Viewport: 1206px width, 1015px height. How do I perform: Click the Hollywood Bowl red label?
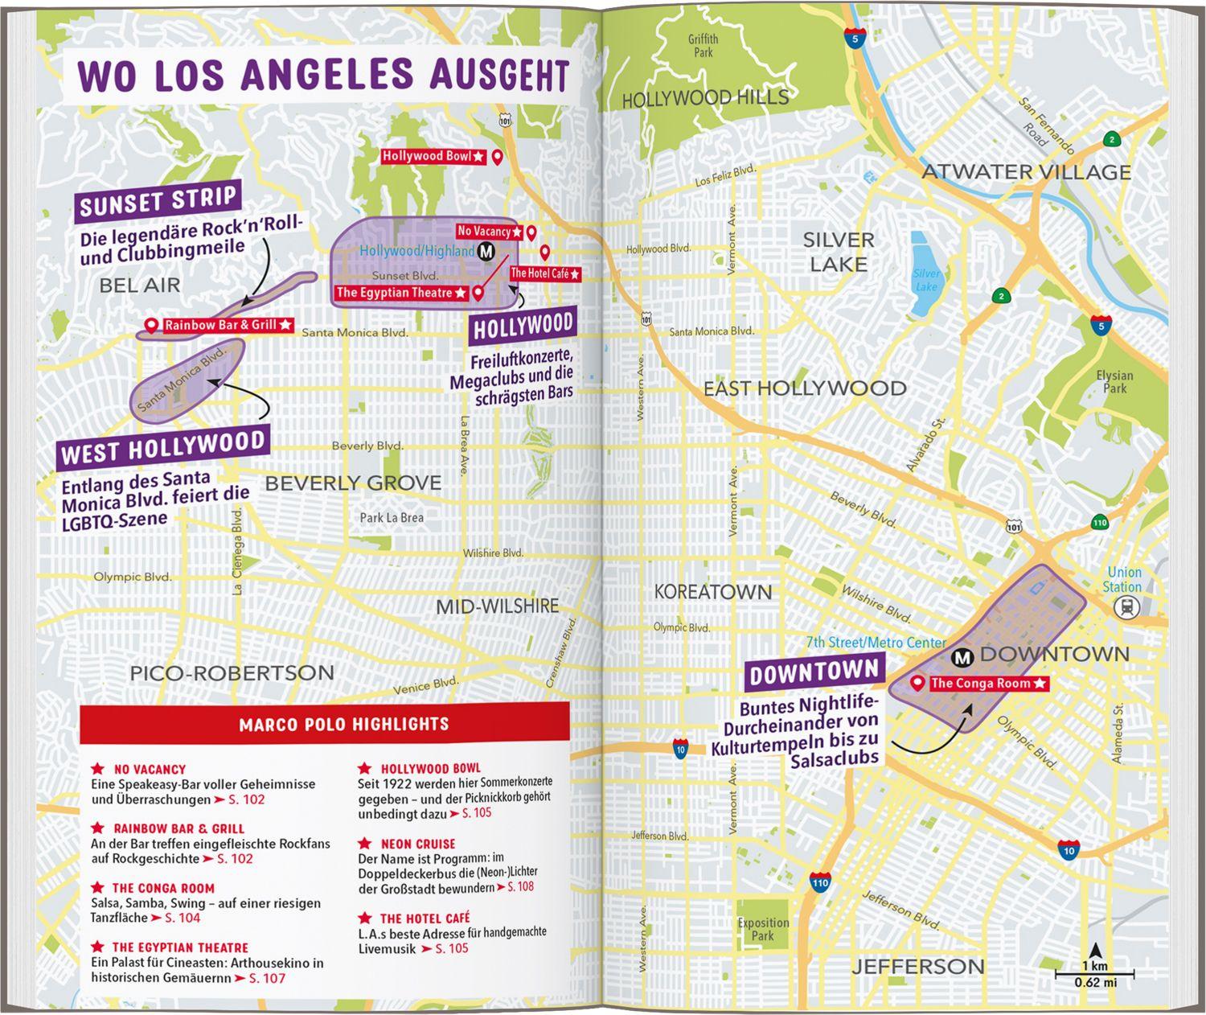433,156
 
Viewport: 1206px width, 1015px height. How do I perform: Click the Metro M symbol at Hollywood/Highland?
486,251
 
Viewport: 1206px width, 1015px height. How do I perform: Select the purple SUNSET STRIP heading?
158,201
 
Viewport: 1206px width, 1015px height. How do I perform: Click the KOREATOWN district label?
712,592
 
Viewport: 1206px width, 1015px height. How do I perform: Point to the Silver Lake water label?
926,280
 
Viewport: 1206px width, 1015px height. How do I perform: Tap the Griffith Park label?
703,46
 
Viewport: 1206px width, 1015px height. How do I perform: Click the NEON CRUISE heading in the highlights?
417,844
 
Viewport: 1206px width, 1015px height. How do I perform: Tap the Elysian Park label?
1114,381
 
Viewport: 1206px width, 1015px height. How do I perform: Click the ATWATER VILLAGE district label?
1026,172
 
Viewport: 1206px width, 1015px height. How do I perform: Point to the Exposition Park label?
763,929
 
